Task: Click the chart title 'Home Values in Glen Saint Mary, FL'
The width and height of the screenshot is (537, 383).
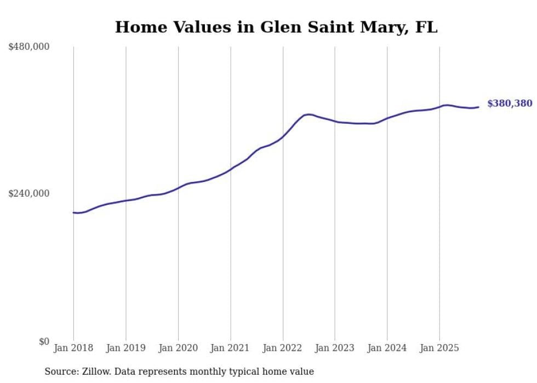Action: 276,27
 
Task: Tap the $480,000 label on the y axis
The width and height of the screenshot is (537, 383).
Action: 29,47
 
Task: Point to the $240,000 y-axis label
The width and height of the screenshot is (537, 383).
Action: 29,193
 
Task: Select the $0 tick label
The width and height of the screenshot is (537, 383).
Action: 44,341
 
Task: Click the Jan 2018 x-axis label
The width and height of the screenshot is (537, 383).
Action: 73,348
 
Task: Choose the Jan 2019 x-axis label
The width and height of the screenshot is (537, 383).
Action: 126,348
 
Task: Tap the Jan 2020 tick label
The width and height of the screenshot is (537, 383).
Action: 178,348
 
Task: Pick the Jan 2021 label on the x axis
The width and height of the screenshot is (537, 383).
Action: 230,348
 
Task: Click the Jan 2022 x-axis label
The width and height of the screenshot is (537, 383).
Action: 283,348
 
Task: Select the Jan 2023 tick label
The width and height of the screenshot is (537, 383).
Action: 335,348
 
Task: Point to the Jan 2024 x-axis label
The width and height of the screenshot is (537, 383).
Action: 387,348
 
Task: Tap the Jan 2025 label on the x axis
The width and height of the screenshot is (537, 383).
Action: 439,348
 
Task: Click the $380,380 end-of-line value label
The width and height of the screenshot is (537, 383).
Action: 510,104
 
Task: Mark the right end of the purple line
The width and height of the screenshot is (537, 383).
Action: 478,107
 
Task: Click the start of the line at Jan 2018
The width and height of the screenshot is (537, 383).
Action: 74,213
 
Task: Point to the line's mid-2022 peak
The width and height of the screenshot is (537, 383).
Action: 309,114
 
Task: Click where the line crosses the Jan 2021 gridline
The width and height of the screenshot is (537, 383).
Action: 231,169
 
